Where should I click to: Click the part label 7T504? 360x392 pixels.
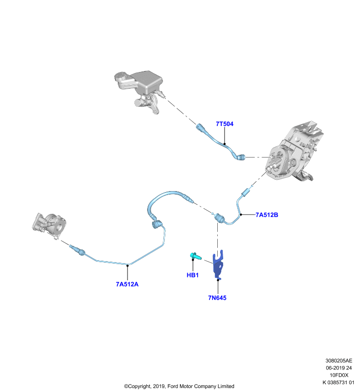click(x=225, y=124)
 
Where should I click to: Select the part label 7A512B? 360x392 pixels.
click(x=267, y=215)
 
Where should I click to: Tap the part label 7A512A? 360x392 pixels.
click(x=127, y=284)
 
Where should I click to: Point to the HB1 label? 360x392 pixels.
click(x=193, y=275)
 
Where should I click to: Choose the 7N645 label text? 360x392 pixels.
click(x=217, y=298)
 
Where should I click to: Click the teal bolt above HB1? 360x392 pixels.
click(x=195, y=256)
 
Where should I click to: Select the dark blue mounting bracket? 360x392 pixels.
click(x=218, y=265)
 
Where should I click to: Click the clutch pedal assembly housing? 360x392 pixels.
click(x=293, y=152)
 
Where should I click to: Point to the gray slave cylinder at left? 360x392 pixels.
click(x=50, y=224)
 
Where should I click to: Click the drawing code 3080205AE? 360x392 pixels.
click(x=339, y=361)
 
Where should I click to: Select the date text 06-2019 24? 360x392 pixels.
click(x=339, y=368)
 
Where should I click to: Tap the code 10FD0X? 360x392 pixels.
click(x=339, y=375)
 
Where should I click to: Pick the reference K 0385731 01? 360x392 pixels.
click(x=338, y=382)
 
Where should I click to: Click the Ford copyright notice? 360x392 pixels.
click(x=179, y=386)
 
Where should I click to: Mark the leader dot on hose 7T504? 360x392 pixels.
click(x=225, y=144)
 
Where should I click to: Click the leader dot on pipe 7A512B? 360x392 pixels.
click(x=241, y=215)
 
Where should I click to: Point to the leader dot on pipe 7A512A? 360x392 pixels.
click(x=128, y=266)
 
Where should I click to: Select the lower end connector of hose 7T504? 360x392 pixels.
click(x=241, y=157)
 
